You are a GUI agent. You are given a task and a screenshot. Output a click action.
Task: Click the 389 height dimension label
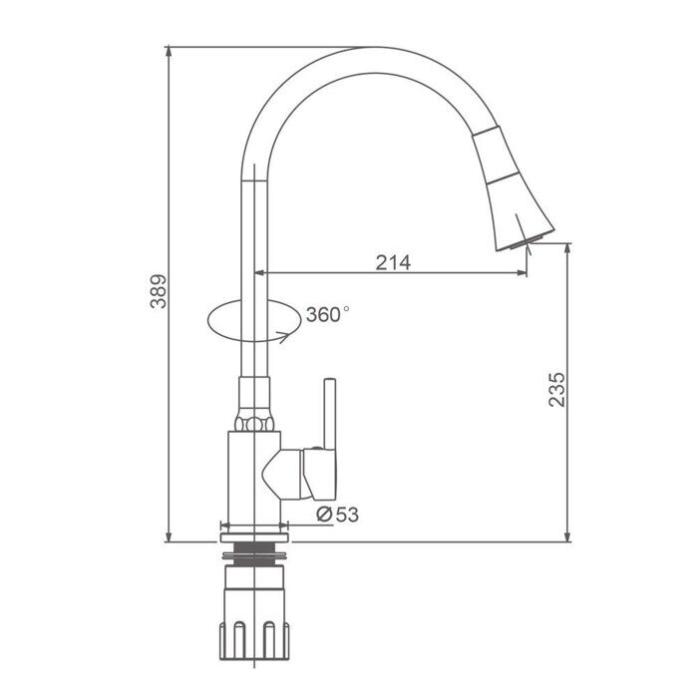[158, 291]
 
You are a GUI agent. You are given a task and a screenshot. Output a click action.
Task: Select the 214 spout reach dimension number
[393, 262]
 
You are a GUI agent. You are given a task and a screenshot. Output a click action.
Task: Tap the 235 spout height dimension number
[556, 390]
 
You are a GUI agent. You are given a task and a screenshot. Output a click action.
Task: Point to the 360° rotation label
[327, 315]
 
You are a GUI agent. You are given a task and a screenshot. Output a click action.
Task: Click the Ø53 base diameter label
[337, 515]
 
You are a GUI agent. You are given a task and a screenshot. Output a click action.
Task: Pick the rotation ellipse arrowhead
[285, 337]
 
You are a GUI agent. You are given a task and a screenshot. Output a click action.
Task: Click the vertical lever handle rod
[330, 414]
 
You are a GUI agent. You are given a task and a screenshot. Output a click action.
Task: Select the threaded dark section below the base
[254, 554]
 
